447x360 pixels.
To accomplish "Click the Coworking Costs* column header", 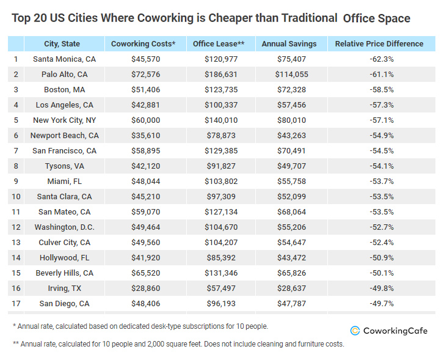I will [x=144, y=44].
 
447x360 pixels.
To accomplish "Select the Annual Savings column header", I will [x=289, y=44].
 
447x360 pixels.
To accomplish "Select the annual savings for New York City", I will [x=289, y=120].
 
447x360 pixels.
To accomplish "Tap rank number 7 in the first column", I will [x=16, y=151].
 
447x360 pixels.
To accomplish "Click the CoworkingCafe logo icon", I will [x=355, y=331].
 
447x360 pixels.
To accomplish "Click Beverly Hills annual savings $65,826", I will [x=289, y=273].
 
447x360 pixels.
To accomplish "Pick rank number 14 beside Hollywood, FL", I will [x=16, y=258].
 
